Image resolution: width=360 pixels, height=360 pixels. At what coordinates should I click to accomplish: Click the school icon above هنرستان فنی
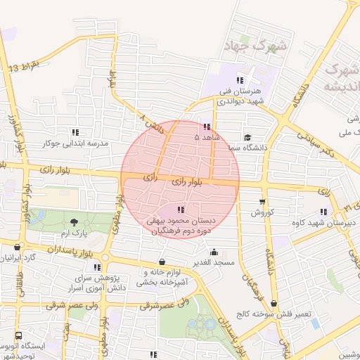click(240, 79)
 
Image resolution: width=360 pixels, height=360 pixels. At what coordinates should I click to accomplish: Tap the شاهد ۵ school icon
click(206, 127)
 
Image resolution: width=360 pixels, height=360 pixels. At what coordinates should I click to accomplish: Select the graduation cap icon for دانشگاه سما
click(247, 138)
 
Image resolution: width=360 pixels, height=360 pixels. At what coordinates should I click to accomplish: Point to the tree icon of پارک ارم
click(74, 223)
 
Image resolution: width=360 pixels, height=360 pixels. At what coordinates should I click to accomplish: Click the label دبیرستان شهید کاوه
click(323, 222)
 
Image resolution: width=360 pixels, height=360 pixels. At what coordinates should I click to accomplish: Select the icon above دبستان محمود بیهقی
click(182, 210)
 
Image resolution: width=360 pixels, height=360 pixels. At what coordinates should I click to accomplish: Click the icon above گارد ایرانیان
click(18, 247)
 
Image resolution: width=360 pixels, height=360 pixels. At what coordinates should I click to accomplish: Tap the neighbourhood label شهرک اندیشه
click(340, 77)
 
